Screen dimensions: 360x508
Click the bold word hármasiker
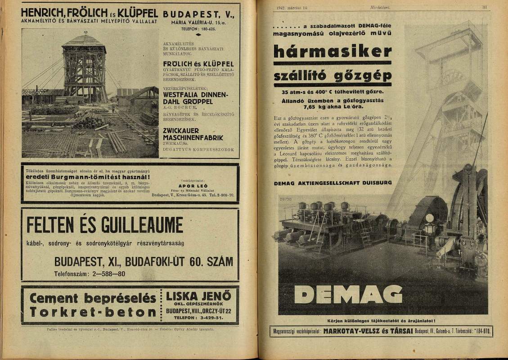[333, 52]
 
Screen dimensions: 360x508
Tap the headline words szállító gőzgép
[333, 75]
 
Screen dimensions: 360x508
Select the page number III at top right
[485, 7]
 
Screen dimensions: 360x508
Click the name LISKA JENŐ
[198, 297]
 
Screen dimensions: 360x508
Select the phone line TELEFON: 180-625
[198, 29]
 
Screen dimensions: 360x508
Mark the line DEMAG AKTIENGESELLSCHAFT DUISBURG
[326, 183]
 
